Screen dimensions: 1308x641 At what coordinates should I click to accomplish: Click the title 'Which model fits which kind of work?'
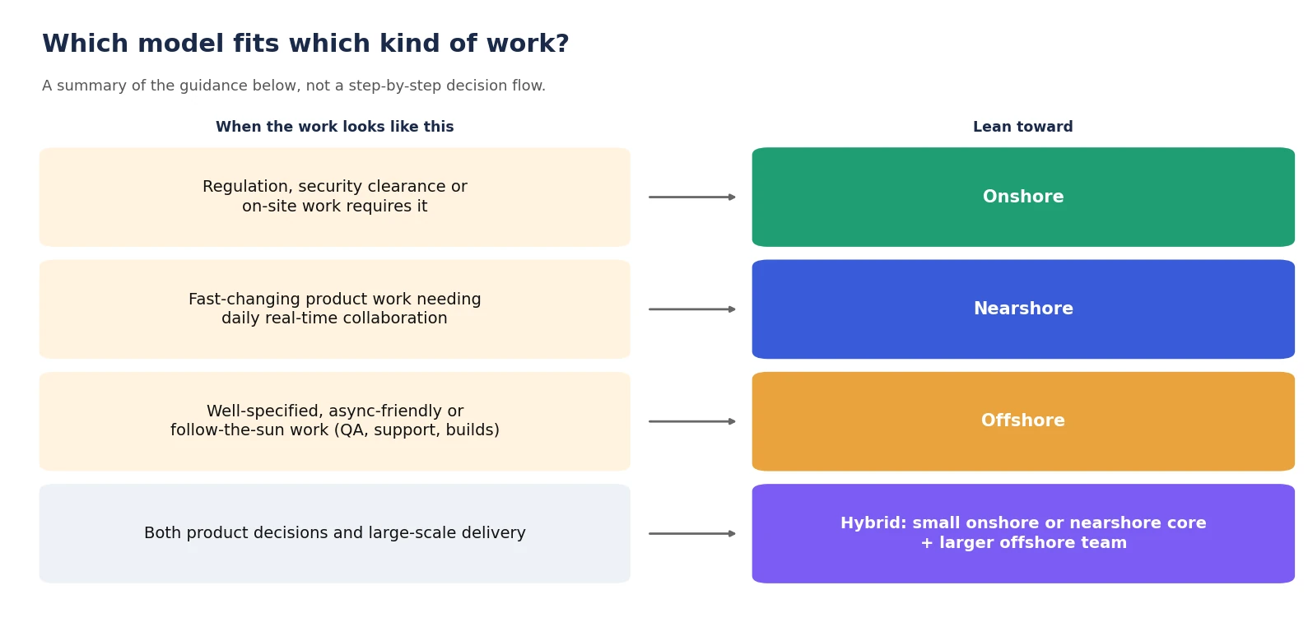[305, 44]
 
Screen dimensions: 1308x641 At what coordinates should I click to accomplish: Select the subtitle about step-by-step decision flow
[294, 86]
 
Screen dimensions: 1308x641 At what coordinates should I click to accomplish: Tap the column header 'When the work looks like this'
[334, 127]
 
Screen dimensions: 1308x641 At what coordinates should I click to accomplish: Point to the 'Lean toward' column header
[1023, 127]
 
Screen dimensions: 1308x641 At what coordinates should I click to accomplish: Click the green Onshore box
[1023, 197]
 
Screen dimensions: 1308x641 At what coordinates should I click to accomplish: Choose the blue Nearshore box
[1023, 309]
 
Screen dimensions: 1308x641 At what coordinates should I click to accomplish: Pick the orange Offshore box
[1023, 421]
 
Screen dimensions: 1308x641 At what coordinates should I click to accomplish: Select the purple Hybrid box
[1023, 533]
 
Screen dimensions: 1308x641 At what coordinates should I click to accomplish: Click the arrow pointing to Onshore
[692, 197]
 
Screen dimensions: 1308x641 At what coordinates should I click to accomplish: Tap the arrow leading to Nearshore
[692, 309]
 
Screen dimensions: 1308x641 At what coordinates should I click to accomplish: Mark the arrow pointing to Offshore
[692, 421]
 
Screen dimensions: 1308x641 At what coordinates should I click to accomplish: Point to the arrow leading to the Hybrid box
[692, 533]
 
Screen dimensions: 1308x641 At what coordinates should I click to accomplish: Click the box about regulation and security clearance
[334, 197]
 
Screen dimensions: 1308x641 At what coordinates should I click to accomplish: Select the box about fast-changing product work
[334, 309]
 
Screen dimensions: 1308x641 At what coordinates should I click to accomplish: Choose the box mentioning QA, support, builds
[334, 421]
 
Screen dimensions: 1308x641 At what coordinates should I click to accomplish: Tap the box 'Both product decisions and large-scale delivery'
[334, 533]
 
